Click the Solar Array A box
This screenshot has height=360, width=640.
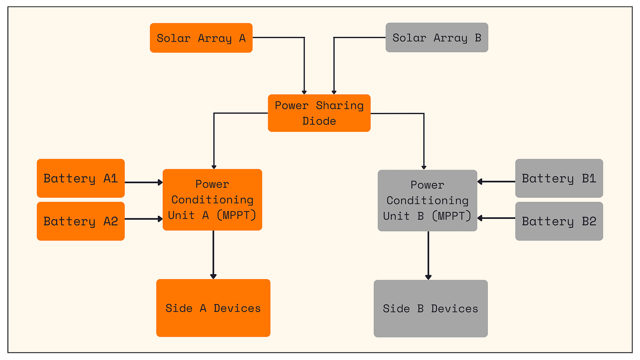[201, 38]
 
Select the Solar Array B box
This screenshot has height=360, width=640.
[436, 37]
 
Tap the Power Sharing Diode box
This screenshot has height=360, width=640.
[319, 113]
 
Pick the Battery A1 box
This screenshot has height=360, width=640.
[80, 178]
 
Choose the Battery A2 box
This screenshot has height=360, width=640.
[80, 221]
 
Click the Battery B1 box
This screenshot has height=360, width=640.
[559, 178]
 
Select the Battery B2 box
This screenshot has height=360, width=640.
[559, 221]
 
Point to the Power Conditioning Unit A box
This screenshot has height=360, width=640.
[212, 200]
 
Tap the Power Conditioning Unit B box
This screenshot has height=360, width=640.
[427, 200]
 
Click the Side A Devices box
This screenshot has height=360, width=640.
[213, 308]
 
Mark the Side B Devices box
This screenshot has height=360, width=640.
[430, 309]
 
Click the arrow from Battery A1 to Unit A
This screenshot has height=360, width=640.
[144, 182]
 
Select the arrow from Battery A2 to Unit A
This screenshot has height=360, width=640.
[144, 218]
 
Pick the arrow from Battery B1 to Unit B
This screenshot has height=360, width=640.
[496, 181]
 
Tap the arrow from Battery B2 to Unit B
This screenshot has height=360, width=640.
[496, 218]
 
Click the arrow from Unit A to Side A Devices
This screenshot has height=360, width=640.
[213, 255]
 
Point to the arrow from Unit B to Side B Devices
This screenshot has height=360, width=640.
[428, 255]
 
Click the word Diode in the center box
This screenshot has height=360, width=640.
[319, 121]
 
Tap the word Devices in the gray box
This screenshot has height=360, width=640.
[454, 309]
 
